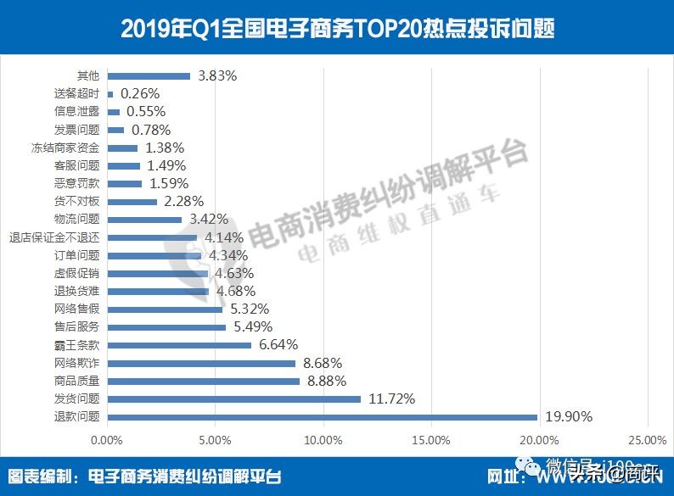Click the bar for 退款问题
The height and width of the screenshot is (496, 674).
pyautogui.click(x=323, y=416)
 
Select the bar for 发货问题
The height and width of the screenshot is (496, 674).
pyautogui.click(x=234, y=398)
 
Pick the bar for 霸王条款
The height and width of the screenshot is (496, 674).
pyautogui.click(x=179, y=345)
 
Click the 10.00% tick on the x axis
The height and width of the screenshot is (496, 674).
pyautogui.click(x=323, y=439)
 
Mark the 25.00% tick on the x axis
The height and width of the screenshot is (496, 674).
pyautogui.click(x=646, y=439)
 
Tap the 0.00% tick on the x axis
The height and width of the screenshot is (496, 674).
pyautogui.click(x=107, y=439)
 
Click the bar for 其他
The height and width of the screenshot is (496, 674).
pyautogui.click(x=149, y=76)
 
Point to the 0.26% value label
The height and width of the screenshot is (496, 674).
pyautogui.click(x=141, y=93)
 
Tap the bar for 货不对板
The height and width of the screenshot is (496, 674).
pyautogui.click(x=132, y=202)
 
